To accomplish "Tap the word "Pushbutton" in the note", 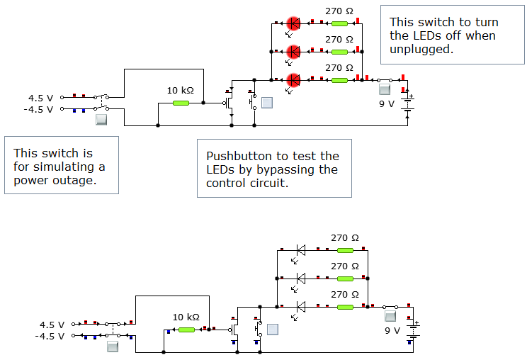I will (240, 156).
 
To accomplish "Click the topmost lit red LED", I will (293, 23).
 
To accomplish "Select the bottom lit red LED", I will (293, 80).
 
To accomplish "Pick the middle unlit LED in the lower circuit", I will (300, 278).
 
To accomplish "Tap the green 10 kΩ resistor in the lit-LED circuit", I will (181, 103).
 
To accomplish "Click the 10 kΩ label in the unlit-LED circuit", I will (186, 317).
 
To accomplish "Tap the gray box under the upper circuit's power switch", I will (101, 120).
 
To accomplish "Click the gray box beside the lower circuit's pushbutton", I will (272, 330).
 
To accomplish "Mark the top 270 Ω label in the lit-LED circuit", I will (339, 11).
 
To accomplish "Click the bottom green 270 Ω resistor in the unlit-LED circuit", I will (345, 307).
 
